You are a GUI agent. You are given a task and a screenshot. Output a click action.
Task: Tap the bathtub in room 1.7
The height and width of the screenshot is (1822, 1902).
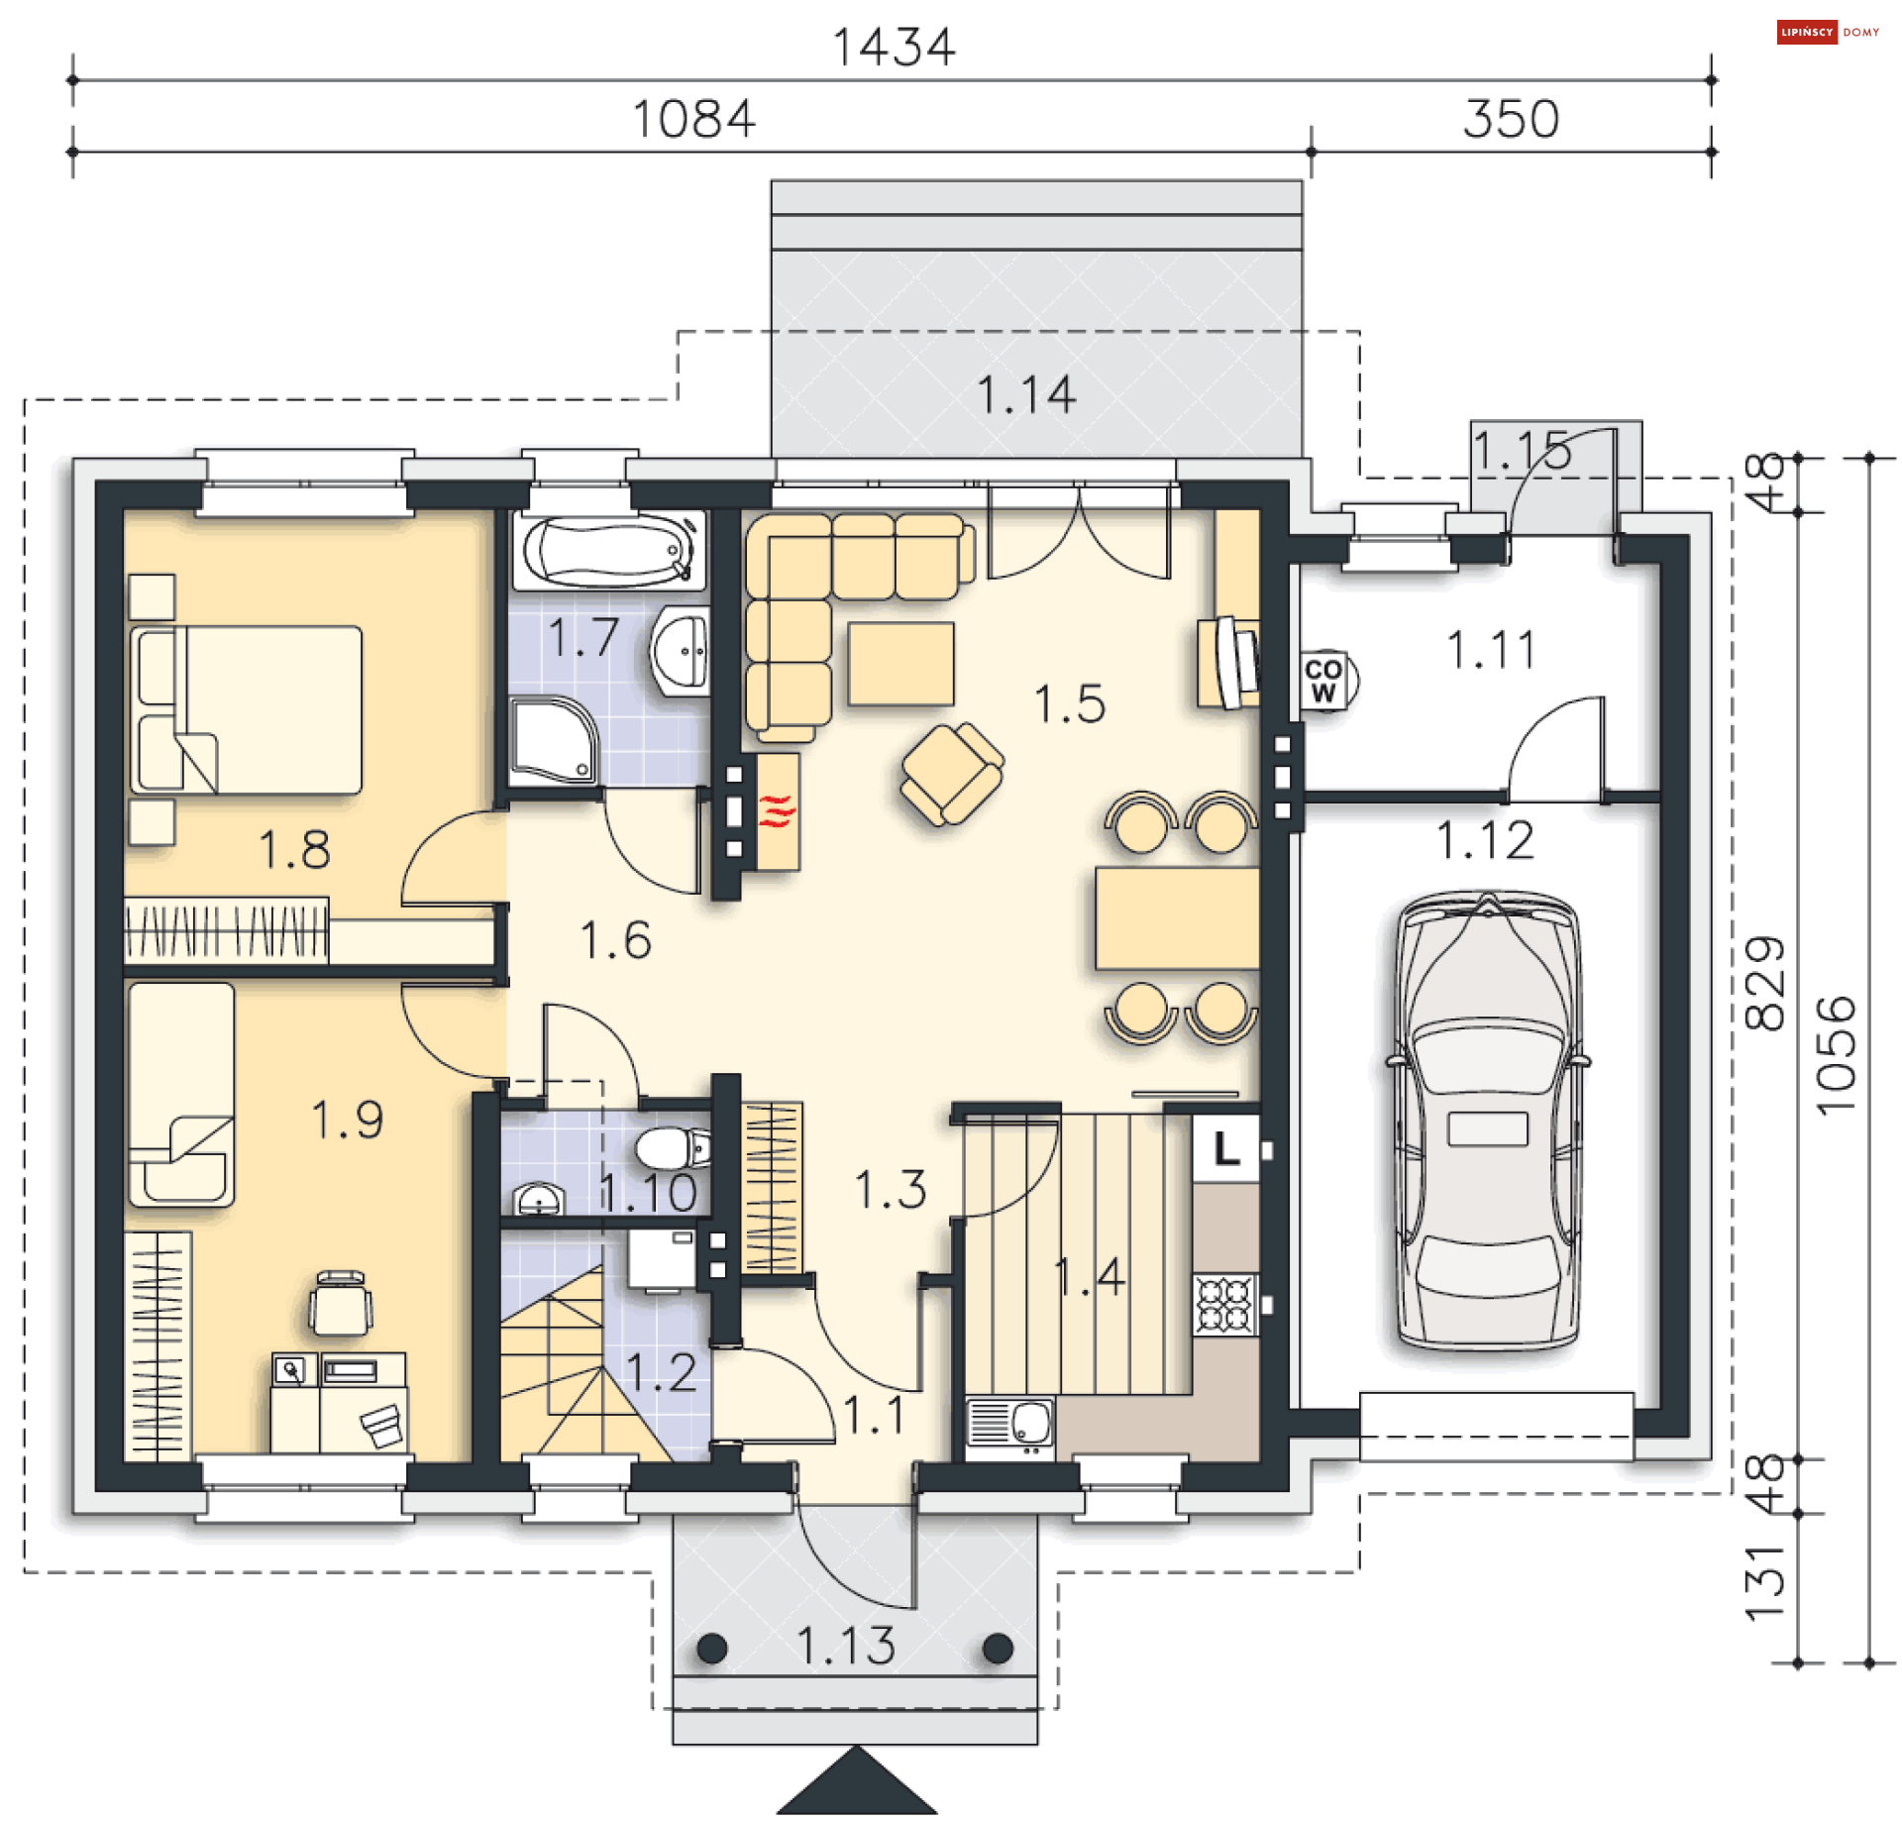[608, 550]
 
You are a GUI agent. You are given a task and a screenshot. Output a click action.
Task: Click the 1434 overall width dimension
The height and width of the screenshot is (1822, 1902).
[894, 48]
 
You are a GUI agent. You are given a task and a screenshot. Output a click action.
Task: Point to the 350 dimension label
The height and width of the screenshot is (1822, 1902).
[1511, 119]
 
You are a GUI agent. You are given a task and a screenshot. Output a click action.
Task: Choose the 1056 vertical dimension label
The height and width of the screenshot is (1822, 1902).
[1836, 1056]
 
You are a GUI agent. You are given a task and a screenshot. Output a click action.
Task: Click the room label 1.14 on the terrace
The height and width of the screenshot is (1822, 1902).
[1026, 394]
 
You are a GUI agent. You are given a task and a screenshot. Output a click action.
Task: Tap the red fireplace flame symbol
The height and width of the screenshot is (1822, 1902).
[778, 810]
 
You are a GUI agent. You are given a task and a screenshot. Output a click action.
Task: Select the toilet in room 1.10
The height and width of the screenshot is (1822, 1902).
[673, 1148]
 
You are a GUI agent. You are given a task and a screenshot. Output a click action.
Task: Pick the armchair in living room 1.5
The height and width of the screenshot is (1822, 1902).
[952, 774]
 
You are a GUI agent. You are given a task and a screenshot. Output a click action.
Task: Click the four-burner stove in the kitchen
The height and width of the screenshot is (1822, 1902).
[1225, 1305]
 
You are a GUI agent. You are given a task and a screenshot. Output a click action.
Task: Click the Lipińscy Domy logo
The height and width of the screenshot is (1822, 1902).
[1828, 33]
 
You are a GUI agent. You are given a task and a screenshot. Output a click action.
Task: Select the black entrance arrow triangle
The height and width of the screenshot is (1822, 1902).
[857, 1781]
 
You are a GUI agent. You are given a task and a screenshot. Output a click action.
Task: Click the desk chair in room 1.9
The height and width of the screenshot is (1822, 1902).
[341, 1303]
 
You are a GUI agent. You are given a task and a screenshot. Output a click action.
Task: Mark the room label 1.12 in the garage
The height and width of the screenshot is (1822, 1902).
[1485, 840]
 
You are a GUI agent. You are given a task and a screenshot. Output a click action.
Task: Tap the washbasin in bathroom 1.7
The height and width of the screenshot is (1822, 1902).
[681, 651]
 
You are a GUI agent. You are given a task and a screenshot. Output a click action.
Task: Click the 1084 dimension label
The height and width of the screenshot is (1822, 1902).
[693, 119]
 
